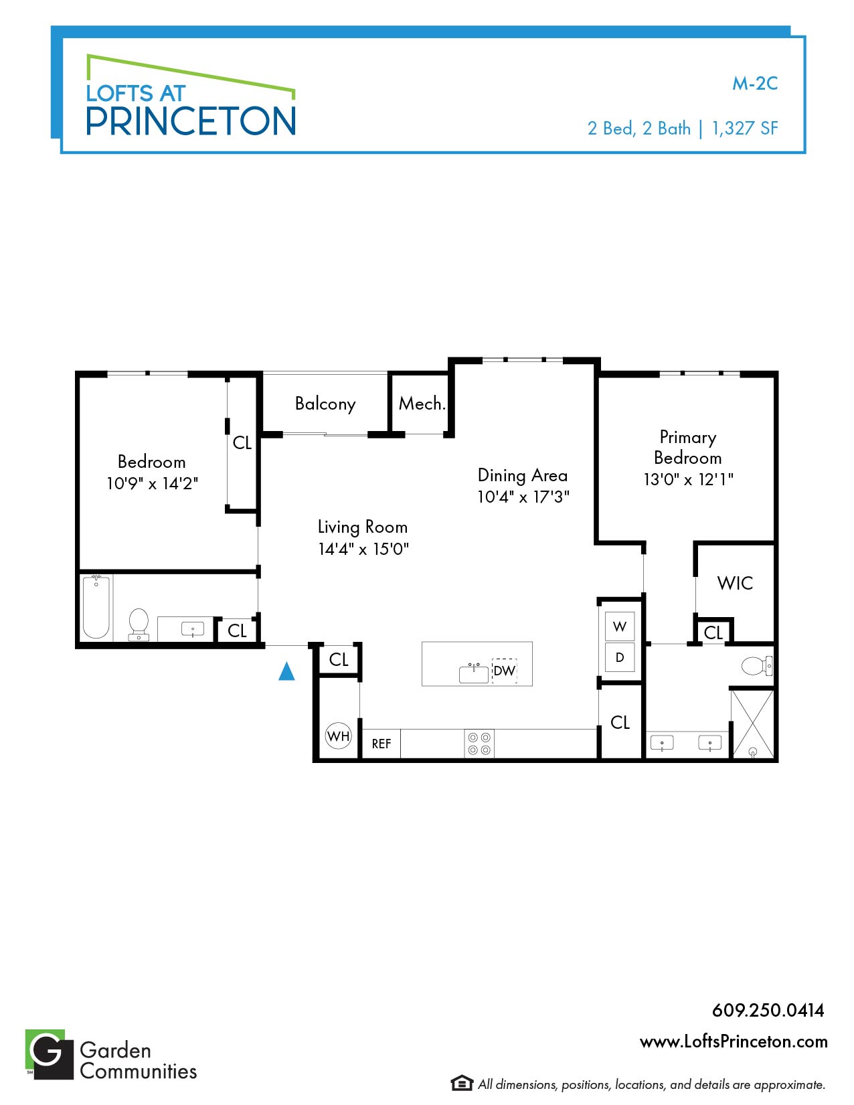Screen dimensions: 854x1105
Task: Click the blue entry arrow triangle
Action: pos(286,671)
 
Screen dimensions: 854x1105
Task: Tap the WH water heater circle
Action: pos(338,736)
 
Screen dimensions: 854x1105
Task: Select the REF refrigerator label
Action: pos(381,744)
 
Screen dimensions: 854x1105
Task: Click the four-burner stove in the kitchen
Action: pos(479,744)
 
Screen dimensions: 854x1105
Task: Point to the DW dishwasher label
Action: pos(504,671)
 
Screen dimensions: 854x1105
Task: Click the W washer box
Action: pos(620,626)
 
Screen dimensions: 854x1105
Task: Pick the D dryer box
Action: pos(620,657)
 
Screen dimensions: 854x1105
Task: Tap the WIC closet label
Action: pos(735,583)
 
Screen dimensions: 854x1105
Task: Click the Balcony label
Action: pos(325,404)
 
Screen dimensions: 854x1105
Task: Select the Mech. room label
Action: pos(422,404)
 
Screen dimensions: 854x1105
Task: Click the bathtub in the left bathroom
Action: pos(96,606)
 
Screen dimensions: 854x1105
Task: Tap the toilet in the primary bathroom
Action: pos(756,666)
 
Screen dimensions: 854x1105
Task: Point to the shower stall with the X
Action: pos(752,724)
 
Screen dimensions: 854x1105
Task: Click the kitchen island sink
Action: pos(473,673)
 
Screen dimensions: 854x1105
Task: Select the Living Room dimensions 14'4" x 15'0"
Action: pos(363,549)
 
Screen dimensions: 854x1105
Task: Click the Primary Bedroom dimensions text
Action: pos(688,479)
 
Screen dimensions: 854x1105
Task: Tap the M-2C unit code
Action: pos(755,84)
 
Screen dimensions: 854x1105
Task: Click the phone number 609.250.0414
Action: pos(768,1010)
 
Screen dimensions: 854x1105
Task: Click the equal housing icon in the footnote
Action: pos(462,1083)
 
